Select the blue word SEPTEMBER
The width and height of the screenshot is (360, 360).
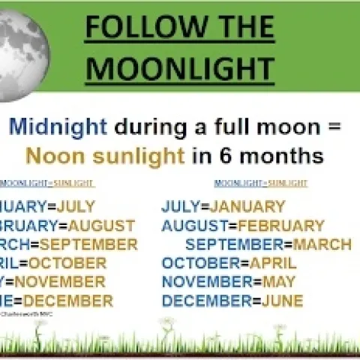235,244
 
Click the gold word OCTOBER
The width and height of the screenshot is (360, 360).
67,263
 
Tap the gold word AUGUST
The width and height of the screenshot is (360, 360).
99,226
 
